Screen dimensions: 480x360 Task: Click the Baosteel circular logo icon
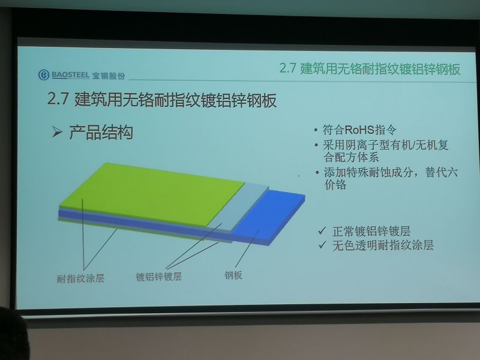pyautogui.click(x=44, y=74)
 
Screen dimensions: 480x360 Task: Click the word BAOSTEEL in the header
pyautogui.click(x=70, y=74)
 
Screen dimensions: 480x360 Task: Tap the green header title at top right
pyautogui.click(x=370, y=68)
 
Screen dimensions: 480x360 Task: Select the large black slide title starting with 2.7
pyautogui.click(x=162, y=100)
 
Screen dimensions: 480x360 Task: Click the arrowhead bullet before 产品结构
pyautogui.click(x=57, y=132)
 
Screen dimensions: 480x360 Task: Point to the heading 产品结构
pyautogui.click(x=101, y=132)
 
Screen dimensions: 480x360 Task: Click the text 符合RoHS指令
pyautogui.click(x=359, y=130)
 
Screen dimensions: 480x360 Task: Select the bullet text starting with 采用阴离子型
pyautogui.click(x=386, y=151)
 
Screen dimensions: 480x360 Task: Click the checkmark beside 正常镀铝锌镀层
pyautogui.click(x=322, y=230)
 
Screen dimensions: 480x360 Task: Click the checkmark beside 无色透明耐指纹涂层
pyautogui.click(x=322, y=245)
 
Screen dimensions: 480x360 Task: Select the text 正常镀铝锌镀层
pyautogui.click(x=371, y=231)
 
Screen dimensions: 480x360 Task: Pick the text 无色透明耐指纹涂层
pyautogui.click(x=383, y=245)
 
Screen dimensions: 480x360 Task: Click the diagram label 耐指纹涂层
pyautogui.click(x=80, y=278)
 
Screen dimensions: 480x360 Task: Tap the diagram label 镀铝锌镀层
pyautogui.click(x=158, y=277)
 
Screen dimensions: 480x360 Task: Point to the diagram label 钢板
pyautogui.click(x=233, y=275)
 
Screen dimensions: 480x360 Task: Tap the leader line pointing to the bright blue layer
pyautogui.click(x=247, y=249)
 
